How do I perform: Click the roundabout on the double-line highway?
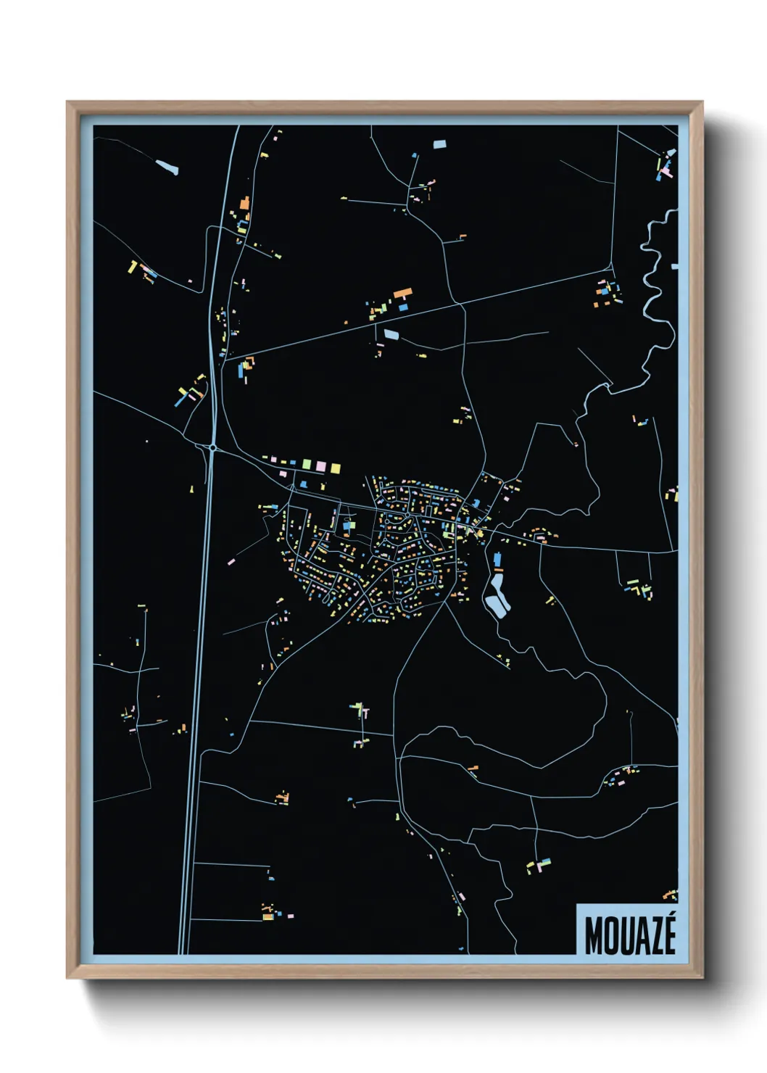coord(212,448)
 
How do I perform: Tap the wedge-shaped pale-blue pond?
coord(167,167)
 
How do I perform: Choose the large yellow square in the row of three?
coord(335,468)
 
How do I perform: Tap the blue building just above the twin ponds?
coord(498,560)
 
